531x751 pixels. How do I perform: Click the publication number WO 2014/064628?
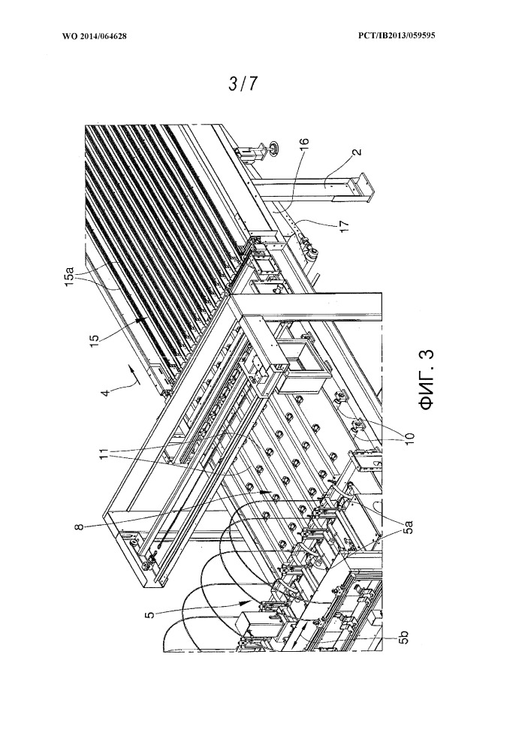pos(95,35)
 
